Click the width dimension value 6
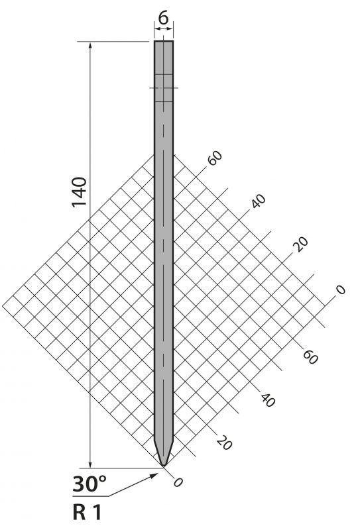click(x=163, y=18)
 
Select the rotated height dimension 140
click(x=80, y=191)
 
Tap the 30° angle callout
click(x=90, y=484)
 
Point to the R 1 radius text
click(x=87, y=512)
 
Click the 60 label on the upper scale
click(x=215, y=158)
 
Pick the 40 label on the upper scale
click(x=259, y=201)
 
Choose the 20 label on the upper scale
click(x=301, y=244)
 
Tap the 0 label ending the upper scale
click(x=340, y=290)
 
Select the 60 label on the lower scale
click(x=310, y=357)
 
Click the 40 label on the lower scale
click(x=268, y=400)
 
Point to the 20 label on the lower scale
click(x=224, y=443)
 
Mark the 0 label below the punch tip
click(x=178, y=482)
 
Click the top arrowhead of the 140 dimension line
click(x=90, y=45)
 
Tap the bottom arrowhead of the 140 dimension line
click(x=90, y=464)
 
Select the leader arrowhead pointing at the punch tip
click(x=154, y=476)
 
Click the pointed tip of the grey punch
click(x=164, y=466)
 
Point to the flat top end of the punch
click(x=164, y=41)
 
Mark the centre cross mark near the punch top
click(x=164, y=88)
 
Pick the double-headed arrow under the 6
click(x=164, y=29)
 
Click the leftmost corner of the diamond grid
click(x=3, y=306)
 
